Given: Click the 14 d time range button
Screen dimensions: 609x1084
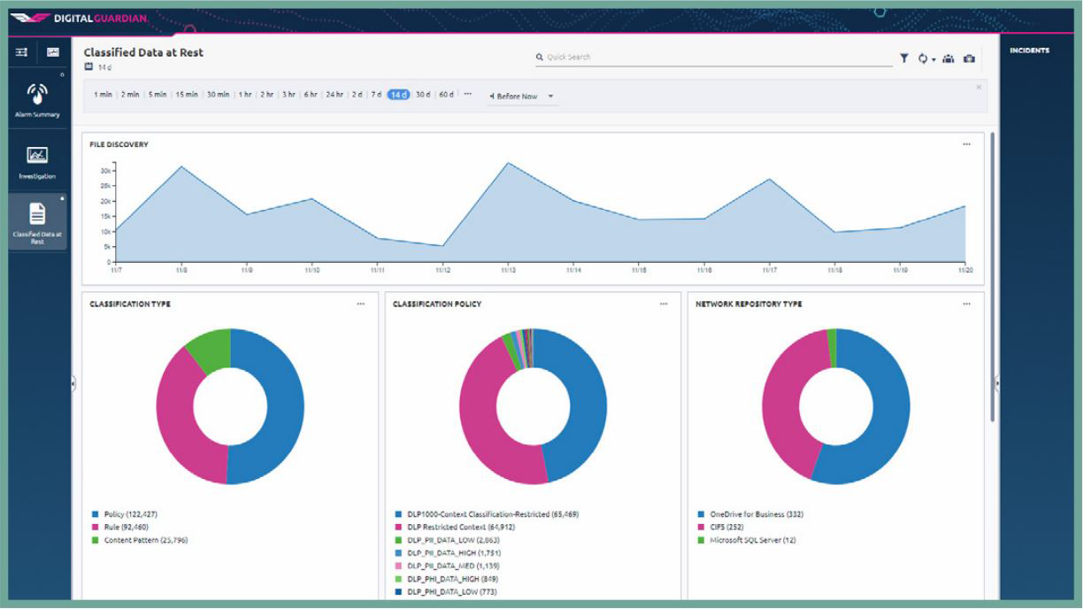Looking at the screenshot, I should point(398,95).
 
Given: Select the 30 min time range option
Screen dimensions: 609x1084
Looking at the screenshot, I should point(218,95).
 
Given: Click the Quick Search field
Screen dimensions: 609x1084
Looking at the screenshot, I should point(708,57).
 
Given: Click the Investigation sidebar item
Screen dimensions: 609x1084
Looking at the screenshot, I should point(37,162).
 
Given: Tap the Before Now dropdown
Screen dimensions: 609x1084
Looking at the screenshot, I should point(522,96).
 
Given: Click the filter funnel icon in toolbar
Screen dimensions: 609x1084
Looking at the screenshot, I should point(903,58).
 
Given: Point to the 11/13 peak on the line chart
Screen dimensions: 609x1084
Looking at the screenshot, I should point(507,163).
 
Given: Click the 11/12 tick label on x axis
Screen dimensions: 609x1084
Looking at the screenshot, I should point(442,269).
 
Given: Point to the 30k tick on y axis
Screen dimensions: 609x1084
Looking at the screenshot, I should point(104,171).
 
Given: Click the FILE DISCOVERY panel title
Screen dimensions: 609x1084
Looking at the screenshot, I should point(119,144).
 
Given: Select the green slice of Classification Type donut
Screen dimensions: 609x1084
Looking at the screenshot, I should point(209,350).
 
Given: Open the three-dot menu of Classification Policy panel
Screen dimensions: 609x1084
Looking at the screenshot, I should point(664,304).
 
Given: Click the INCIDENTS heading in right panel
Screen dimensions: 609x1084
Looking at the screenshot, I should point(1029,50).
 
